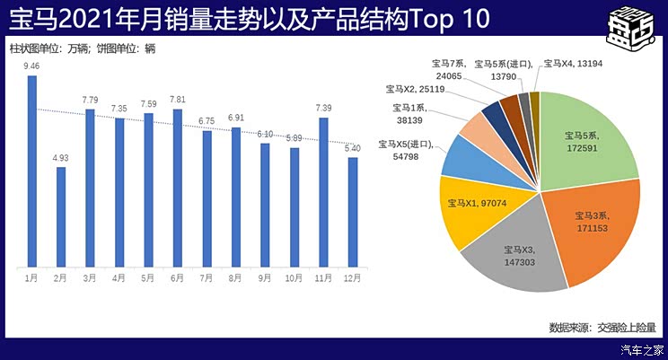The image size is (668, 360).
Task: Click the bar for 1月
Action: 32,171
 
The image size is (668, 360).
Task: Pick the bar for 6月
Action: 178,187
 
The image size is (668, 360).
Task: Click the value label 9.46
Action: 31,66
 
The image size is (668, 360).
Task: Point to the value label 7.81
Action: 178,100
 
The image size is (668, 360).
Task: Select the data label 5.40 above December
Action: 352,148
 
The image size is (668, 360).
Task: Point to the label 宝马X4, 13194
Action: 579,63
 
